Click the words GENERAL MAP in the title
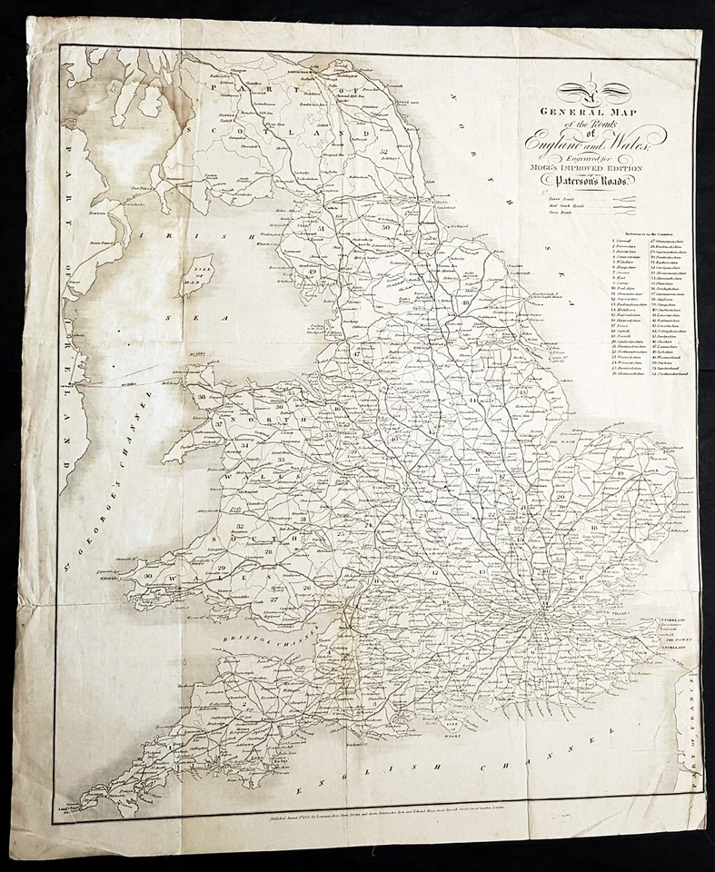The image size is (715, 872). (595, 114)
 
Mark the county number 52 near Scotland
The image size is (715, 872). (385, 150)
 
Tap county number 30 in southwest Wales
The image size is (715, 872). (146, 576)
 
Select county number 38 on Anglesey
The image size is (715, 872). (199, 396)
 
